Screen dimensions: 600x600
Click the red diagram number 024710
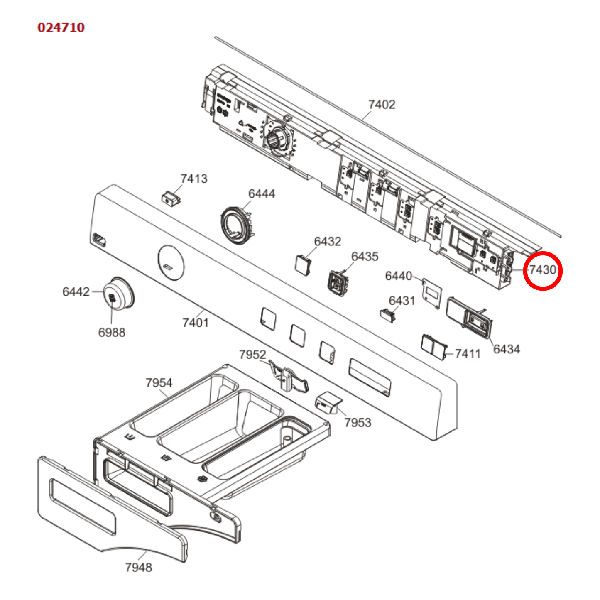[x=61, y=27]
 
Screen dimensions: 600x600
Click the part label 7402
[x=382, y=104]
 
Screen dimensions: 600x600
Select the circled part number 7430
[x=542, y=270]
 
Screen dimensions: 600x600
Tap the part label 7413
[x=193, y=179]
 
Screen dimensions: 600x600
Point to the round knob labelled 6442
[x=118, y=294]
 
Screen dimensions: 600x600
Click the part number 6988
[x=112, y=332]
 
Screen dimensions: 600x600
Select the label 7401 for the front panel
[x=195, y=322]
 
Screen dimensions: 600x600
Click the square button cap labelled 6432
[x=303, y=264]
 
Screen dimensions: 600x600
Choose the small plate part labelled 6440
[x=431, y=294]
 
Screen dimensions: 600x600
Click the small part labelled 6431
[x=388, y=315]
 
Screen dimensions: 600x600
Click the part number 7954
[x=159, y=382]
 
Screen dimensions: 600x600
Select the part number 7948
[x=138, y=567]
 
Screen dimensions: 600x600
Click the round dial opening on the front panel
[x=171, y=262]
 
